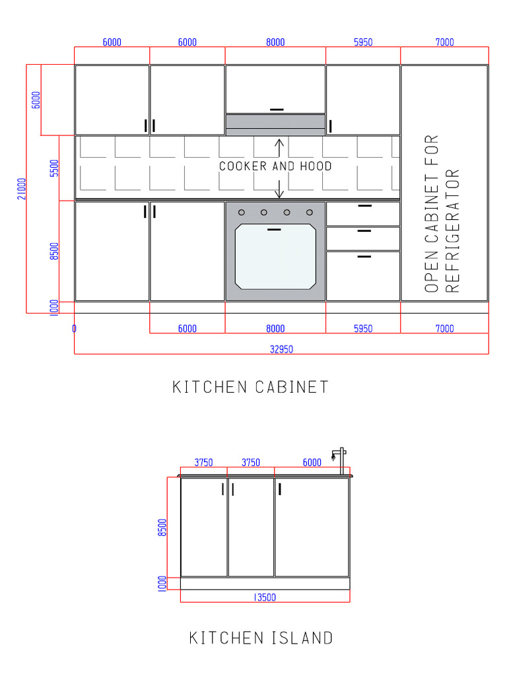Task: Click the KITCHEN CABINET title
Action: tap(250, 387)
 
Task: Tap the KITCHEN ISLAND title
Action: tap(261, 638)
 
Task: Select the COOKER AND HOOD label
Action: tap(275, 166)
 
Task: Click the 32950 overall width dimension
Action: tap(281, 350)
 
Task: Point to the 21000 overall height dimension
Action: tap(22, 189)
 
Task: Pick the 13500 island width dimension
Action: tap(265, 597)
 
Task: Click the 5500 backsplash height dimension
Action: tap(54, 168)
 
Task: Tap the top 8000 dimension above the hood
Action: tap(275, 42)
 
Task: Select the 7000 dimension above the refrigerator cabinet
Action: tap(444, 42)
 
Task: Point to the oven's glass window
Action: tap(275, 256)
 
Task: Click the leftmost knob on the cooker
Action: tap(241, 212)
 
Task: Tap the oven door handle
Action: tap(274, 230)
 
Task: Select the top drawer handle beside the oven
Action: tap(364, 206)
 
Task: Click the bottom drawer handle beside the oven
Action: tap(364, 256)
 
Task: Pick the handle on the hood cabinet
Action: tap(277, 110)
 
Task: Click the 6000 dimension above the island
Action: tap(312, 463)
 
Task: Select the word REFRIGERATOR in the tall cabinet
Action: tap(452, 230)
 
